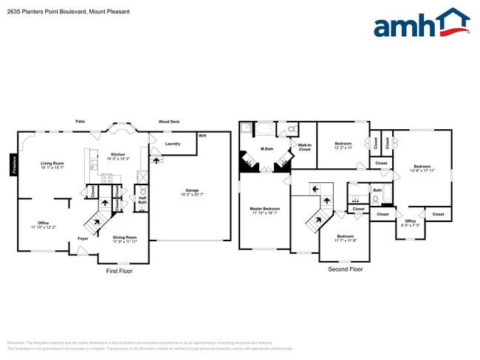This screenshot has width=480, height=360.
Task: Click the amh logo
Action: point(422,24)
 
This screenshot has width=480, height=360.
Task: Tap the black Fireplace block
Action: point(13,165)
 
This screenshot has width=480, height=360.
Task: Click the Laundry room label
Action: point(173,144)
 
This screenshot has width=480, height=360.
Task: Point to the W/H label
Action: point(202,136)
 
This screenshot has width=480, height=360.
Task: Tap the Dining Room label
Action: point(124,238)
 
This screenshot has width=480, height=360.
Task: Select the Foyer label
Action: point(83,238)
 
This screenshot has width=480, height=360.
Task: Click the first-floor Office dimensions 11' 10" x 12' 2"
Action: point(43,227)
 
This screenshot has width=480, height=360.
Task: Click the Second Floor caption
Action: point(345,269)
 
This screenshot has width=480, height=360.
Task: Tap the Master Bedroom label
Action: point(264,209)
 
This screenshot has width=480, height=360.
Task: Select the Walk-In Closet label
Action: point(304,148)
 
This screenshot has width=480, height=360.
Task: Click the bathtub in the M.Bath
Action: point(265,130)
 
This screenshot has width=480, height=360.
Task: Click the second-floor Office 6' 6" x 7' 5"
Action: point(410,223)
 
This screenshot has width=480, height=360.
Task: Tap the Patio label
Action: point(80,122)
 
